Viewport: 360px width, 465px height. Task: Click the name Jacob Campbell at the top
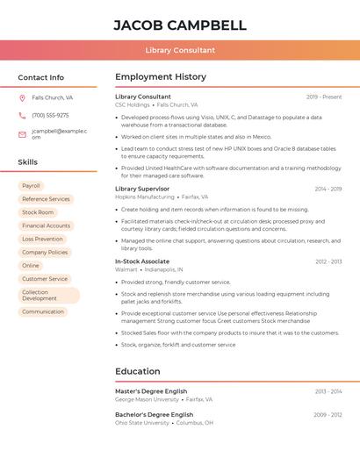pos(180,25)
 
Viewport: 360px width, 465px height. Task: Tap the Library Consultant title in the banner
pos(180,50)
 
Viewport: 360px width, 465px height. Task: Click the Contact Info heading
pos(41,77)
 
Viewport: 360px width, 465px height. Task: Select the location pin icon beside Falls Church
pos(22,98)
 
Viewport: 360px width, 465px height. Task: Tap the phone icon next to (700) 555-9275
pos(22,115)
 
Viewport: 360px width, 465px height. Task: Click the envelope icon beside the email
pos(22,134)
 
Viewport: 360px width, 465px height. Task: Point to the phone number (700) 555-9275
pos(50,115)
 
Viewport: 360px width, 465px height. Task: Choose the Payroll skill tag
pos(31,186)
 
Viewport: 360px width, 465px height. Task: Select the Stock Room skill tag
pos(38,212)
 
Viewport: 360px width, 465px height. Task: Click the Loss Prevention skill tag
pos(42,239)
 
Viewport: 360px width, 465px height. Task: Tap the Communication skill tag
pos(43,311)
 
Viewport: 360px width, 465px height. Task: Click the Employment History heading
pos(161,77)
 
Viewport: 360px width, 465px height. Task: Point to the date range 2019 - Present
pos(324,97)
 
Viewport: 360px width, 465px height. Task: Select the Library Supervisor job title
pos(142,189)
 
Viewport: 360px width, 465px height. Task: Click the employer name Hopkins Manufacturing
pos(145,197)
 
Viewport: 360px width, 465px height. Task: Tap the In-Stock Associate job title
pos(142,261)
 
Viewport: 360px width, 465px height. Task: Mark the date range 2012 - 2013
pos(328,261)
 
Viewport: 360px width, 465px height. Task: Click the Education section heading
pos(138,371)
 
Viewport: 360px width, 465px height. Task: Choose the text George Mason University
pos(147,399)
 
